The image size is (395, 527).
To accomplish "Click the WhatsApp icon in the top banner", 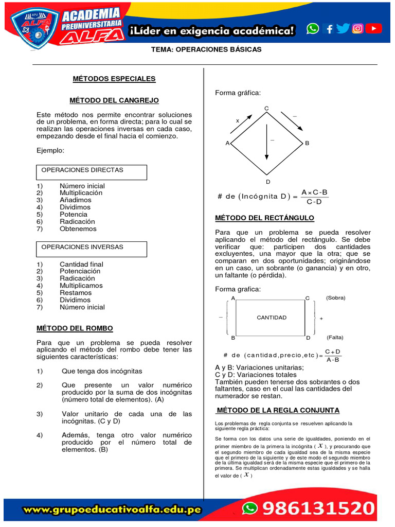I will pos(313,29).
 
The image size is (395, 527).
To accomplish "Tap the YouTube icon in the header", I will pos(374,29).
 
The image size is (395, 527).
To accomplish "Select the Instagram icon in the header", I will pos(358,29).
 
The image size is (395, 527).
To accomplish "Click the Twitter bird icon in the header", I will pos(343,29).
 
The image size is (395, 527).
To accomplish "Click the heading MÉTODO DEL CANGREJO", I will pos(114,100).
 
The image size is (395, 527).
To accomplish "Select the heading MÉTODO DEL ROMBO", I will pos(75,328).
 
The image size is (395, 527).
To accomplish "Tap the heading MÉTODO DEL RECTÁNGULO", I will pos(264,218).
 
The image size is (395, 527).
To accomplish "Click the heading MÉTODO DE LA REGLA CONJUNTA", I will pos(278,410).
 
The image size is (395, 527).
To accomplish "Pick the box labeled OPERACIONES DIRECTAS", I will pos(92,172).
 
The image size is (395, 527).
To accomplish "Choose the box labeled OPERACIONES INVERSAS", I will pos(92,249).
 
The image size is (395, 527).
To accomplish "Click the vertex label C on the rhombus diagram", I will pos(266,108).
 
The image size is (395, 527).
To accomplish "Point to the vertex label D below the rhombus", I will pos(267,182).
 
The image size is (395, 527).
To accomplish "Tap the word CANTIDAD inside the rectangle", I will pos(272,318).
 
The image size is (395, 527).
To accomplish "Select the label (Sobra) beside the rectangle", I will pos(336,298).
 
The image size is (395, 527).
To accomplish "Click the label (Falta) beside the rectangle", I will pos(335,338).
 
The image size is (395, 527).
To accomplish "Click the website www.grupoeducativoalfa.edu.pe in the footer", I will pos(112,510).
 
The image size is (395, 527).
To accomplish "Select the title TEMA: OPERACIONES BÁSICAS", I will pos(206,49).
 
